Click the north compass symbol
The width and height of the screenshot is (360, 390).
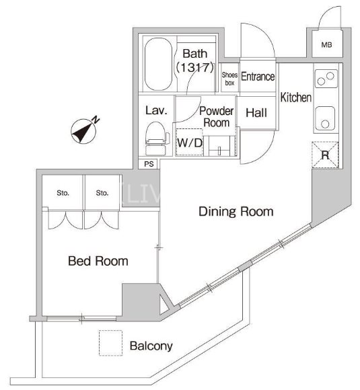(x=83, y=131)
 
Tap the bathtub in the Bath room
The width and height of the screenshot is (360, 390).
(x=158, y=64)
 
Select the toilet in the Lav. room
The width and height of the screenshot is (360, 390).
(x=156, y=139)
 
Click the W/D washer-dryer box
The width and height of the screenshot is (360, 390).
(x=189, y=143)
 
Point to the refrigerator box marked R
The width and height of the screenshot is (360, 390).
(x=325, y=155)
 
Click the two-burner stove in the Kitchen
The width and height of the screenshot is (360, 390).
(x=326, y=79)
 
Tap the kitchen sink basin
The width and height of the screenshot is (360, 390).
(x=324, y=118)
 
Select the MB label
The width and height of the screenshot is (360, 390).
(x=326, y=45)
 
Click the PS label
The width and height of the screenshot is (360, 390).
(x=149, y=164)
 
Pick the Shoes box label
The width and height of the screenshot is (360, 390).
(x=229, y=79)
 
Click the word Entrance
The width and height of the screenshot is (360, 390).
(x=258, y=77)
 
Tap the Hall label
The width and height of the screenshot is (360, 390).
(x=256, y=113)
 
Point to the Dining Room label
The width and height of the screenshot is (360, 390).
(x=236, y=211)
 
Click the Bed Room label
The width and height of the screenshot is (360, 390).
(x=98, y=261)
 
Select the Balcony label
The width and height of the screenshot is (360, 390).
(x=151, y=346)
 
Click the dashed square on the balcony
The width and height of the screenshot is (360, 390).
(x=110, y=343)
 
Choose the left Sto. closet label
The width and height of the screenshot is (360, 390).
(x=63, y=193)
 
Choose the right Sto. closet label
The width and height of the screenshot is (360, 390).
(x=102, y=193)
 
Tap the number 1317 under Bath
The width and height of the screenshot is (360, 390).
(x=194, y=67)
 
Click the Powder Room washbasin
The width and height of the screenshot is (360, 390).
(x=219, y=146)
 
